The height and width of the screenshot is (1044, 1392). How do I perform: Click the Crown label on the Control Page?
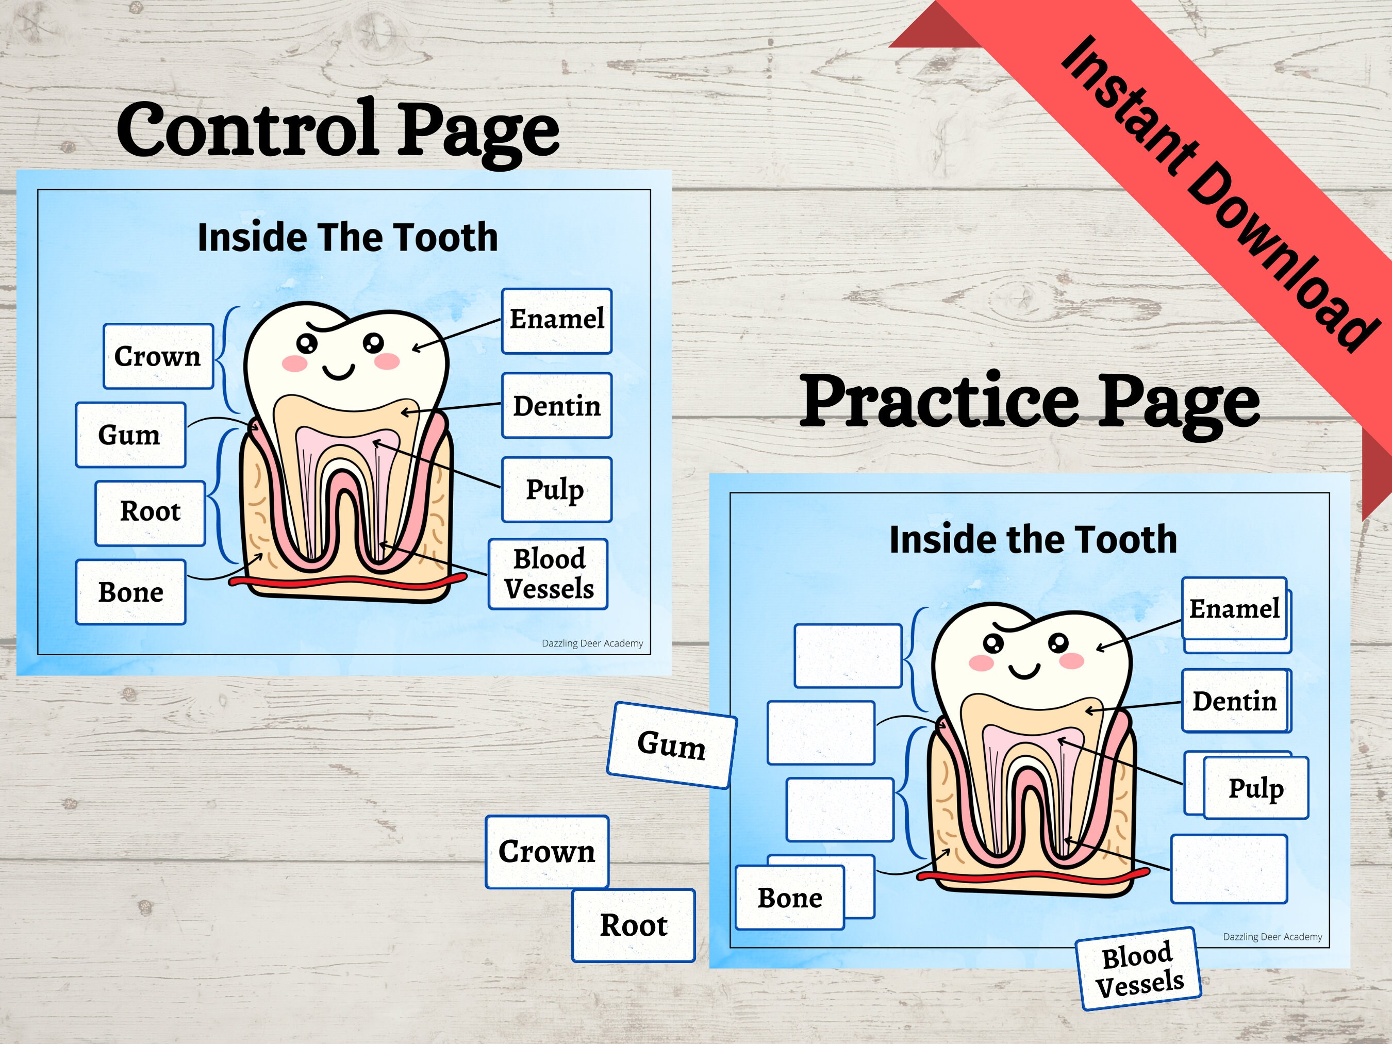[x=158, y=356]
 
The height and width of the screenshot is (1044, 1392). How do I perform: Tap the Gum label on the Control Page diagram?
[x=130, y=435]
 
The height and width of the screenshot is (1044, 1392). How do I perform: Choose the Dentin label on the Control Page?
[x=556, y=406]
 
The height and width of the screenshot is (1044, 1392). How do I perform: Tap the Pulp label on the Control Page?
[x=556, y=490]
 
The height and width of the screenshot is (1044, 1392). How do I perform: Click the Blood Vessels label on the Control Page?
[x=548, y=574]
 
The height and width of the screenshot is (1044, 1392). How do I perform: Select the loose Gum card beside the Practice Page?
[x=671, y=745]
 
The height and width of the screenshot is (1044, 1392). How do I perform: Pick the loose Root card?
[x=633, y=925]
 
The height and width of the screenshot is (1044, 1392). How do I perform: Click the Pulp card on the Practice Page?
[x=1256, y=787]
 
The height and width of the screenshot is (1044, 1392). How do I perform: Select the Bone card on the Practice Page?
[x=790, y=898]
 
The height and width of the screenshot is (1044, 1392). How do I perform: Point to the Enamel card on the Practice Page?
[x=1234, y=608]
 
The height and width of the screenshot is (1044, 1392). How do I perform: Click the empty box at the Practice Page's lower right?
[x=1229, y=869]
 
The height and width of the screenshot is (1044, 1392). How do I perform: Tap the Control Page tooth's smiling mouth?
[x=339, y=373]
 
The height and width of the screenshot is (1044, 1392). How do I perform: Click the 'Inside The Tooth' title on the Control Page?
[x=347, y=237]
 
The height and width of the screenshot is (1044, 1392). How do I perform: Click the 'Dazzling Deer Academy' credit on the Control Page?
[x=592, y=643]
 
